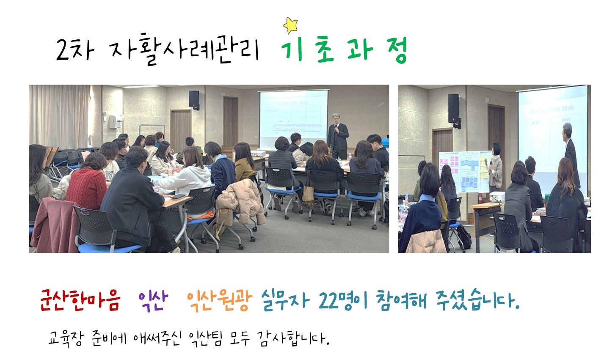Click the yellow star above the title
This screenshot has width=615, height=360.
pyautogui.click(x=290, y=25)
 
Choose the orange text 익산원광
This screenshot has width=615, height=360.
pyautogui.click(x=219, y=301)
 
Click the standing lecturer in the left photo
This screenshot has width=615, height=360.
pyautogui.click(x=337, y=136)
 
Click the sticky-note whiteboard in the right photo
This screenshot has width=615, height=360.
pyautogui.click(x=464, y=172)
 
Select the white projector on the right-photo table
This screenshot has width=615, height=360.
pyautogui.click(x=497, y=196)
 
